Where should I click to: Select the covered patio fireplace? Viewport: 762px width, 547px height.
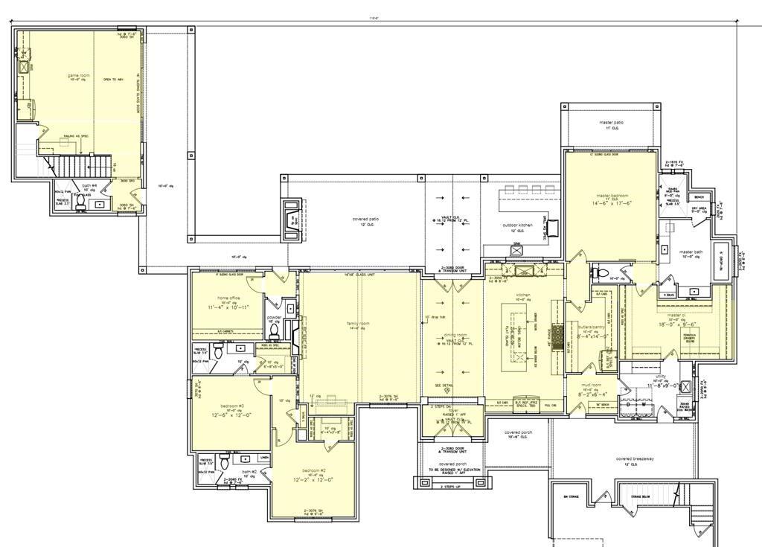(x=292, y=220)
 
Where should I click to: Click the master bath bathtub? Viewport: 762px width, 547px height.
(x=720, y=260)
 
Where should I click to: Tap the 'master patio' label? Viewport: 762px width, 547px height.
(x=611, y=122)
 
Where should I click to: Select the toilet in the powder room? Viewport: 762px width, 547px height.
(x=274, y=329)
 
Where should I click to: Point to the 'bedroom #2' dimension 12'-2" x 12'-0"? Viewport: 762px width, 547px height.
(x=313, y=480)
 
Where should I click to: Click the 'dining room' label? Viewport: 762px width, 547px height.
(x=456, y=335)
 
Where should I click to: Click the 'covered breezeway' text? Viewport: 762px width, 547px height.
(x=635, y=459)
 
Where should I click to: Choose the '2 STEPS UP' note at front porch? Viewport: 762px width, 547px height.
(x=452, y=486)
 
